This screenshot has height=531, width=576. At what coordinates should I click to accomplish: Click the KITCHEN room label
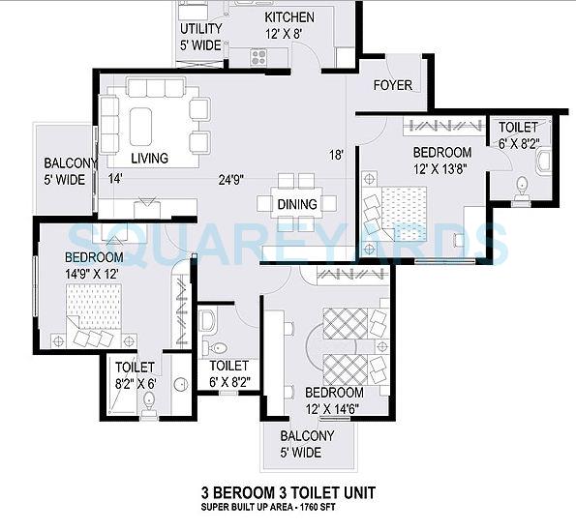click(288, 17)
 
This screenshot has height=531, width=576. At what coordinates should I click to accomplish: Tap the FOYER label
click(392, 85)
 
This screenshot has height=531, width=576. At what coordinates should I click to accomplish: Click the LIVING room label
click(149, 159)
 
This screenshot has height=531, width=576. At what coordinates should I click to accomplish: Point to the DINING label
click(296, 204)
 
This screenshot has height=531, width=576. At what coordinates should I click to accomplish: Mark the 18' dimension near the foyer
click(336, 155)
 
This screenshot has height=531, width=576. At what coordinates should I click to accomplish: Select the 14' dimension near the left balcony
click(115, 179)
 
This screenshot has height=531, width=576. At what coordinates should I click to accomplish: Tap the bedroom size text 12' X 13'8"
click(441, 168)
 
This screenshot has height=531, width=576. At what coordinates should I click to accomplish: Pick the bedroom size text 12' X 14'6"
click(334, 408)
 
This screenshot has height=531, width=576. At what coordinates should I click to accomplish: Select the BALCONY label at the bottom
click(307, 436)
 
